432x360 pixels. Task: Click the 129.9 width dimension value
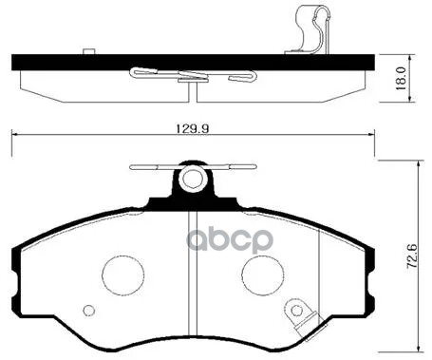[191, 123]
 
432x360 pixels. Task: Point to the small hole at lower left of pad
[89, 310]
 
